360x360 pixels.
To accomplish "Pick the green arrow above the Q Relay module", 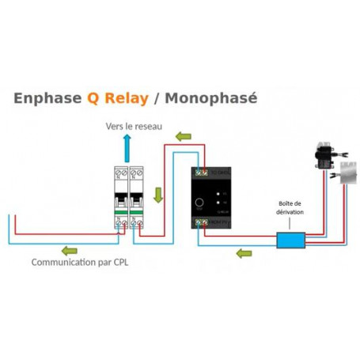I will (183, 137).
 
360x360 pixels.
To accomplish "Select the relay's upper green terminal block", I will (203, 171).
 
